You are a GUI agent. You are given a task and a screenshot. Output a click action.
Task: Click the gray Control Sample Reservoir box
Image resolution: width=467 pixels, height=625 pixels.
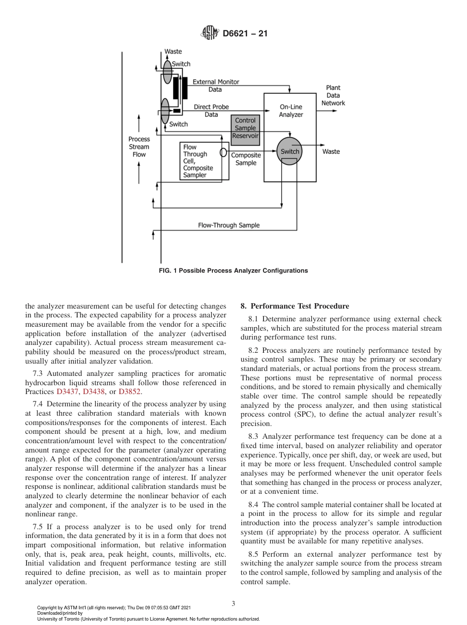(x=245, y=129)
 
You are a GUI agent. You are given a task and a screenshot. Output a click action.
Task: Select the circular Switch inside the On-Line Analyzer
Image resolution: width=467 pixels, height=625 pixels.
(x=290, y=151)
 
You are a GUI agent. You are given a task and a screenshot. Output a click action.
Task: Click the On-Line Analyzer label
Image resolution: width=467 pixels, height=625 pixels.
(x=291, y=111)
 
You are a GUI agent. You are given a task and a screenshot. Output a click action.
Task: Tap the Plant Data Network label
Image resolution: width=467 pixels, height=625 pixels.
(x=333, y=95)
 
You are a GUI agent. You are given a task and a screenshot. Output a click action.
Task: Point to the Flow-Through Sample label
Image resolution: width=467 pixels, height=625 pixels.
(x=229, y=225)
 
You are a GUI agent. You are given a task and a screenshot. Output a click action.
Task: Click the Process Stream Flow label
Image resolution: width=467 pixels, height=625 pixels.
(x=139, y=147)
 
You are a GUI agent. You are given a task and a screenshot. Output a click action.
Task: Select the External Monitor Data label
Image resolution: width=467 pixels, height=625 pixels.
(x=215, y=85)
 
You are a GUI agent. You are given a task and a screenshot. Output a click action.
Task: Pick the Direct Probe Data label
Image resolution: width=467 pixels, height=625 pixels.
(x=211, y=111)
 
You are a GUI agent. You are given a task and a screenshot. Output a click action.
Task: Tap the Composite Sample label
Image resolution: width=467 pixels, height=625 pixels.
(x=246, y=159)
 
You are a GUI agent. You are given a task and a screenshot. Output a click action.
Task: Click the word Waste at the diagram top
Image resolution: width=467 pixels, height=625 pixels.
(x=173, y=52)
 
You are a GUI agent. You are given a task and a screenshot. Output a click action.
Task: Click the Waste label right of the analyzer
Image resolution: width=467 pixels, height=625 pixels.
(x=331, y=151)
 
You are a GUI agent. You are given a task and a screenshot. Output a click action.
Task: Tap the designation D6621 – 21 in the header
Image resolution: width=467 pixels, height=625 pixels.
(x=245, y=34)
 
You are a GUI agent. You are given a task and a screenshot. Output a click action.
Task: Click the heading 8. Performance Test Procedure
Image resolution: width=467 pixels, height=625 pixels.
(x=294, y=306)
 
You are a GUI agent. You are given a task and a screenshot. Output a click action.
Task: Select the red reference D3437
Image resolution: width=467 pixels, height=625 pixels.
(x=68, y=392)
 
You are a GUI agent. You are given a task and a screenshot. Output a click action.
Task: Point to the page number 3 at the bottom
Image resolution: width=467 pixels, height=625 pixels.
(x=233, y=603)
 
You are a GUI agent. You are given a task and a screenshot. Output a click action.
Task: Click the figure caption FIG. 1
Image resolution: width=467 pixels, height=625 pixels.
(x=233, y=271)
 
